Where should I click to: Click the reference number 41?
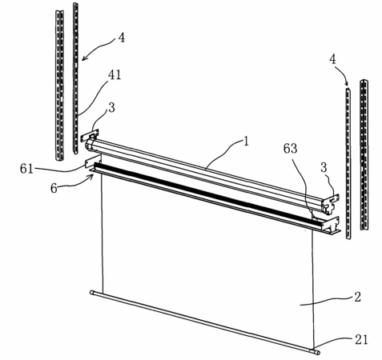coord(115,75)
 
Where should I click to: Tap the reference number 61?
coord(26,169)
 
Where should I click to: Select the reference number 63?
coord(290,149)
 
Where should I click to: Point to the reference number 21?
coord(361,340)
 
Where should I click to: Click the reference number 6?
coord(54,189)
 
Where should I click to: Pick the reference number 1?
coord(246,142)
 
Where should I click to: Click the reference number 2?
coord(357,297)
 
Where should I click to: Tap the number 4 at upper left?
coord(122,38)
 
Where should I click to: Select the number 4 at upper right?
coord(332,59)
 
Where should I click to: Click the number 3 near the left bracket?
coord(111,108)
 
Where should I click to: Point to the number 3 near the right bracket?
coord(324,168)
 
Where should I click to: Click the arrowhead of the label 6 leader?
coord(92,175)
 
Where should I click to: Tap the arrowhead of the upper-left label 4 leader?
coord(83,59)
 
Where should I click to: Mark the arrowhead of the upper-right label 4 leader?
coord(348,84)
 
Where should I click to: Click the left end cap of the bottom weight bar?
coord(92,292)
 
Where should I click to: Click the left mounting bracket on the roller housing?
coord(90,135)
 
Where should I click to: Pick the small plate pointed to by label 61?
coord(93,162)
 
